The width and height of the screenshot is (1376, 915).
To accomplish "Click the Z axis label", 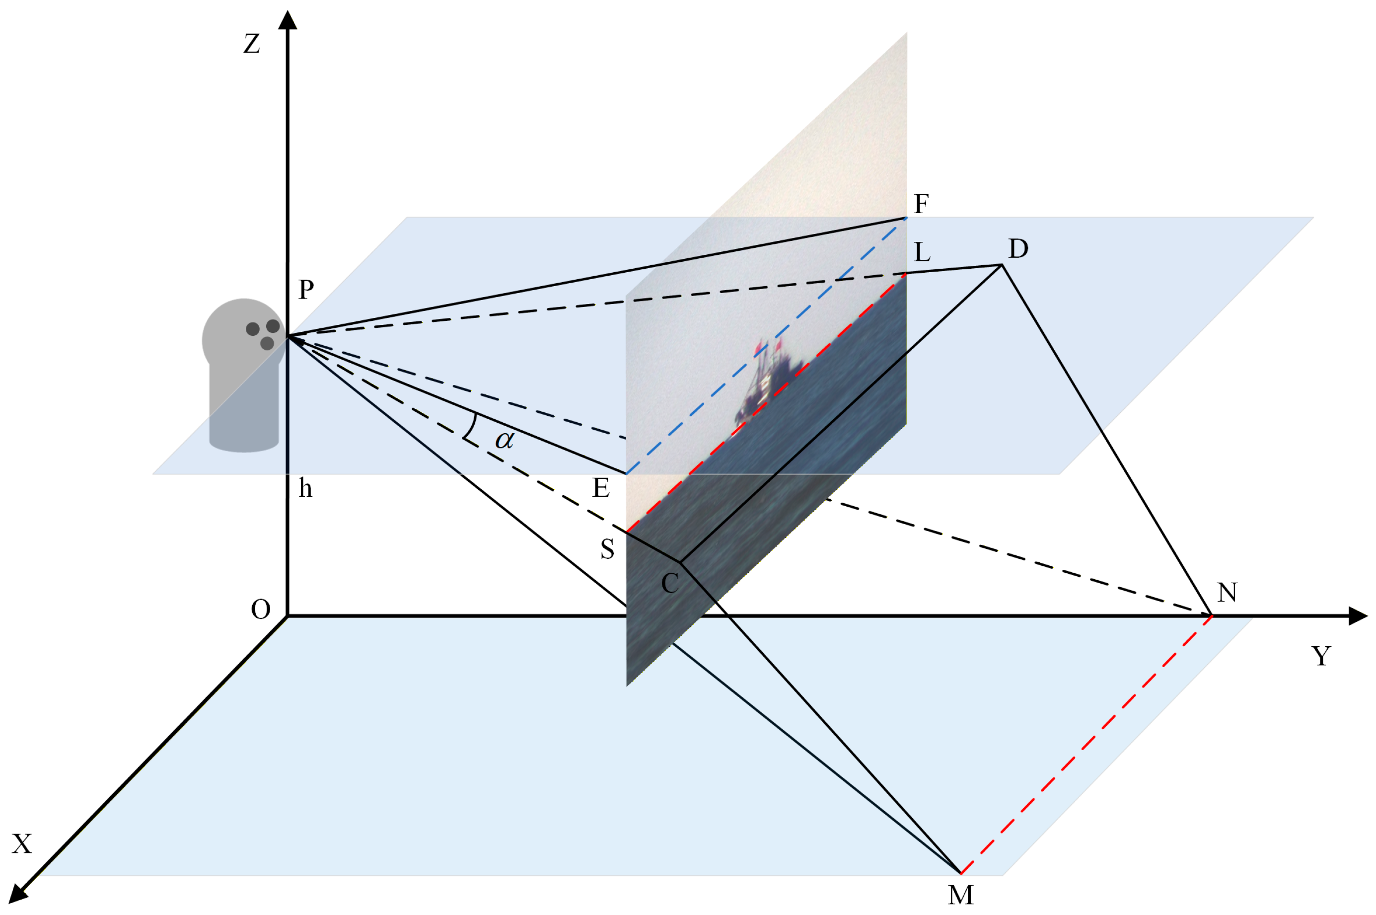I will [251, 44].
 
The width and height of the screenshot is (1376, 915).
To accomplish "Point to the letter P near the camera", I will [306, 289].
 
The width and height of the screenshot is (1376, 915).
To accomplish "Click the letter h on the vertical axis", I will [305, 488].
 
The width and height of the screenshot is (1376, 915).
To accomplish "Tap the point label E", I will [601, 487].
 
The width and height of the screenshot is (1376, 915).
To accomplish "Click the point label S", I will [607, 549].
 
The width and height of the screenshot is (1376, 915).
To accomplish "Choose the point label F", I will [921, 204].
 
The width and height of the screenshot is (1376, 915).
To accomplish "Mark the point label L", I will [922, 252].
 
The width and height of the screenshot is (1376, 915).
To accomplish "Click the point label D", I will [1018, 248].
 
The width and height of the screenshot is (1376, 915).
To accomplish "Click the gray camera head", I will [243, 335].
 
